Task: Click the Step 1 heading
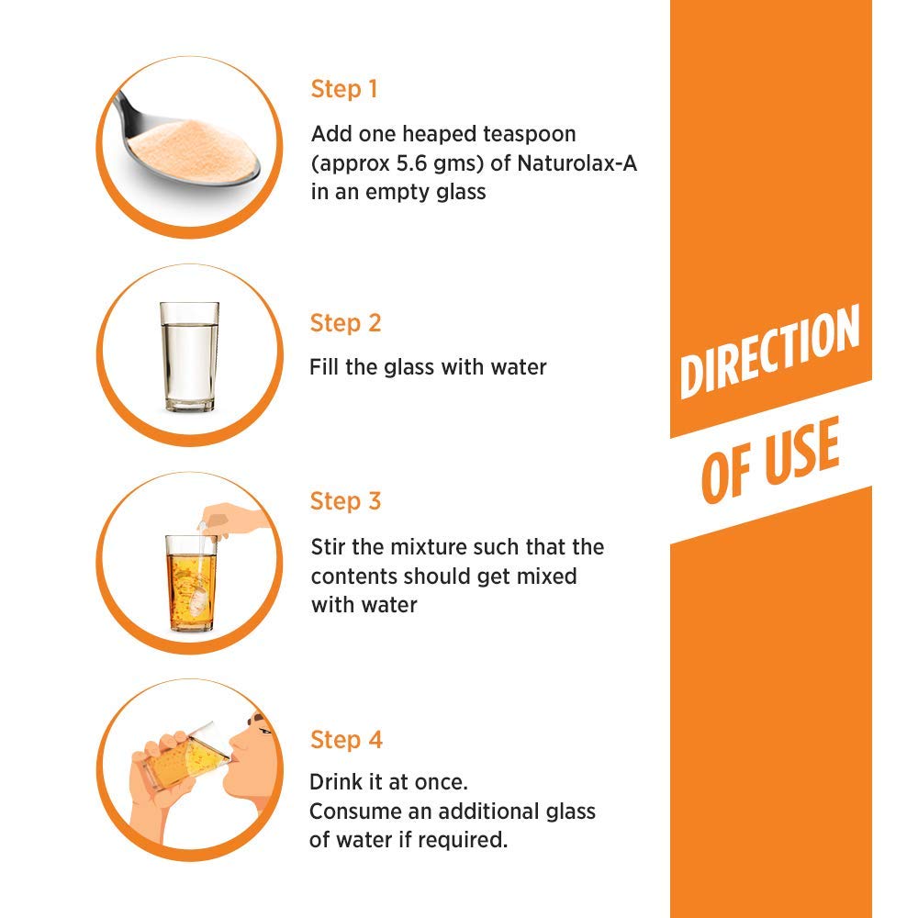(344, 89)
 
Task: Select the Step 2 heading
(345, 323)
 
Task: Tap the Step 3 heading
(345, 501)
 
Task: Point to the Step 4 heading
(346, 740)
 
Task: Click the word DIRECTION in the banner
(769, 352)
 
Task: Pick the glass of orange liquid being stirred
(190, 584)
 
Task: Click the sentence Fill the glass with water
(428, 367)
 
